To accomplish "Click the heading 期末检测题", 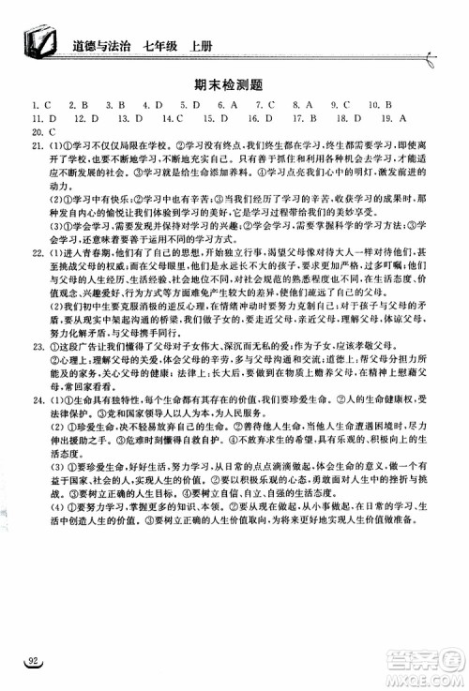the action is point(234,83).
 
